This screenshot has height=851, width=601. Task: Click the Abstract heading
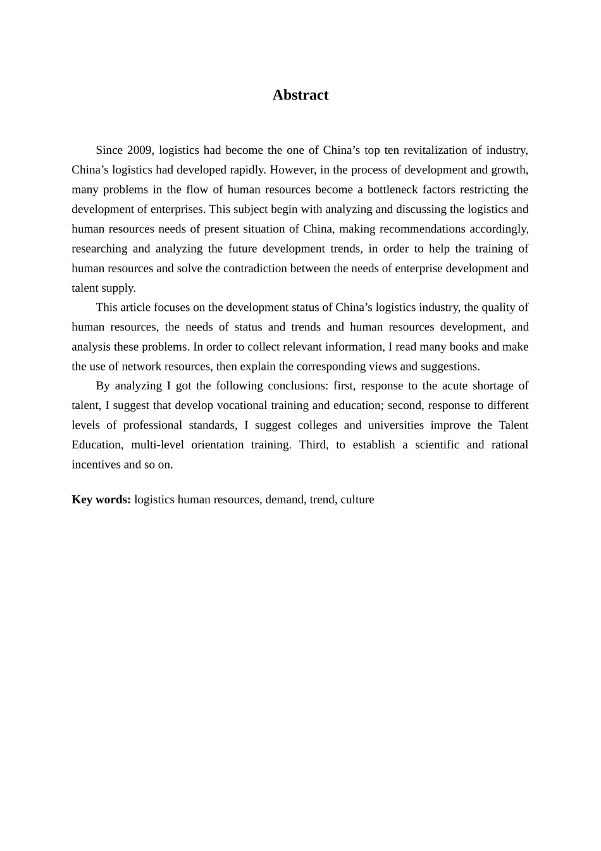[300, 95]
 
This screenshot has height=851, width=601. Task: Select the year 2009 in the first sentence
[140, 150]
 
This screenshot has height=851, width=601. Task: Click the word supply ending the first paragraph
[120, 288]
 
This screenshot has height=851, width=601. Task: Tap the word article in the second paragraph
[138, 307]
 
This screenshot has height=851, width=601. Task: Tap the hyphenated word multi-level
[158, 444]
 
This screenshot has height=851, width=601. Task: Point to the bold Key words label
[101, 499]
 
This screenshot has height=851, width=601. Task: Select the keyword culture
[357, 499]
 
